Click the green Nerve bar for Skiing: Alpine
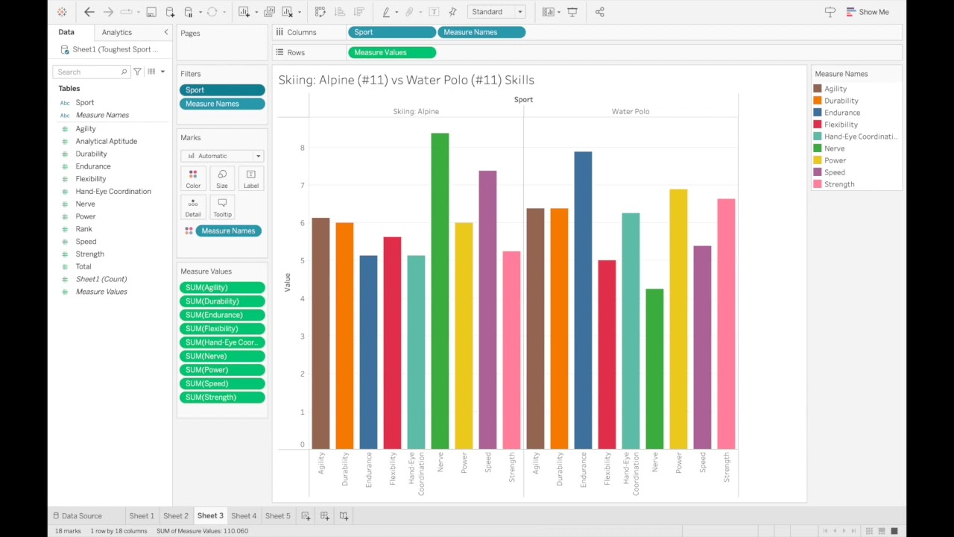[x=440, y=291]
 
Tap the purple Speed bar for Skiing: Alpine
[x=487, y=310]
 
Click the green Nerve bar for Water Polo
[x=654, y=368]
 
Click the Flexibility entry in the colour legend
[x=841, y=125]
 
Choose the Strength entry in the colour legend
[x=839, y=184]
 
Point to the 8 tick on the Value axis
[x=303, y=148]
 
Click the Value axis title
[x=287, y=282]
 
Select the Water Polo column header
[x=631, y=111]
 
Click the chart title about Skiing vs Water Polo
[x=406, y=80]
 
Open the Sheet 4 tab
[x=244, y=515]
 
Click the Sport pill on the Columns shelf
[x=391, y=32]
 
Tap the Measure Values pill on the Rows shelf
[x=391, y=52]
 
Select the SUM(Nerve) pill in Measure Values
[x=222, y=356]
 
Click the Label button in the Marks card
[x=251, y=178]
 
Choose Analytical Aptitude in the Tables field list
[x=106, y=141]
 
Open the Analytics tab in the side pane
[x=117, y=32]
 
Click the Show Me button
[x=868, y=12]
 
